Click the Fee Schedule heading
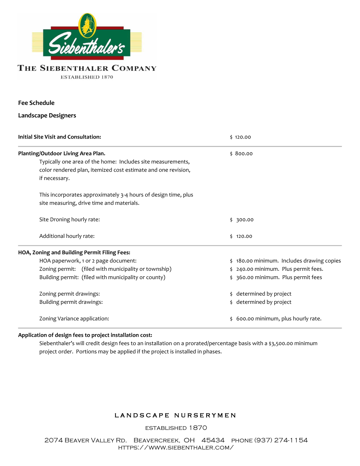point(36,103)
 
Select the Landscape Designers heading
point(47,116)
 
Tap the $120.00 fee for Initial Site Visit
point(241,137)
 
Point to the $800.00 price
point(241,154)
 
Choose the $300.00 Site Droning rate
point(242,220)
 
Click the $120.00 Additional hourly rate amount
point(241,236)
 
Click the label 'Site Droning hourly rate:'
point(70,220)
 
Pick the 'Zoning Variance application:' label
point(74,319)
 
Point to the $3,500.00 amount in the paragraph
point(281,343)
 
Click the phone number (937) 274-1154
point(281,440)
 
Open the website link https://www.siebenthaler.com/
point(176,448)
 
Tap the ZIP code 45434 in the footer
point(213,440)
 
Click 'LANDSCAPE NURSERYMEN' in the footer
point(175,415)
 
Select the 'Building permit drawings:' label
point(71,302)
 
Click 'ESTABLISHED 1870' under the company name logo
point(87,77)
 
